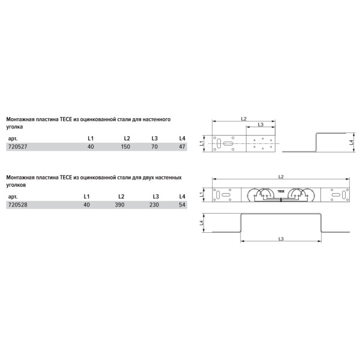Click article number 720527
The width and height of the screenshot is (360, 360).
point(17,147)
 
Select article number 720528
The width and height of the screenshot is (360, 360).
point(17,205)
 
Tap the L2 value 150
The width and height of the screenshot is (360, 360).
point(125,147)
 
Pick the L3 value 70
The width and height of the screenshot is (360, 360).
point(155,147)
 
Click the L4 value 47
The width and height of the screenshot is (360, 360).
point(182,147)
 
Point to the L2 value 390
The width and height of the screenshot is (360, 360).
point(119,205)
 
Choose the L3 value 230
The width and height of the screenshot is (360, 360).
point(154,205)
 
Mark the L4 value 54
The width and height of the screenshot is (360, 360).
point(182,205)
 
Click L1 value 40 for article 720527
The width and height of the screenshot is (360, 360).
point(91,147)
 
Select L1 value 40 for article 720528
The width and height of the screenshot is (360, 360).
point(86,205)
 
